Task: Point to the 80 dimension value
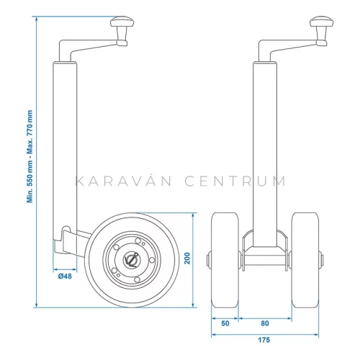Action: (x=265, y=324)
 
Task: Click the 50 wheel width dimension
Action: (x=225, y=324)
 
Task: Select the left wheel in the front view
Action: (x=225, y=261)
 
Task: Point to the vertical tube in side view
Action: (x=64, y=144)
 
